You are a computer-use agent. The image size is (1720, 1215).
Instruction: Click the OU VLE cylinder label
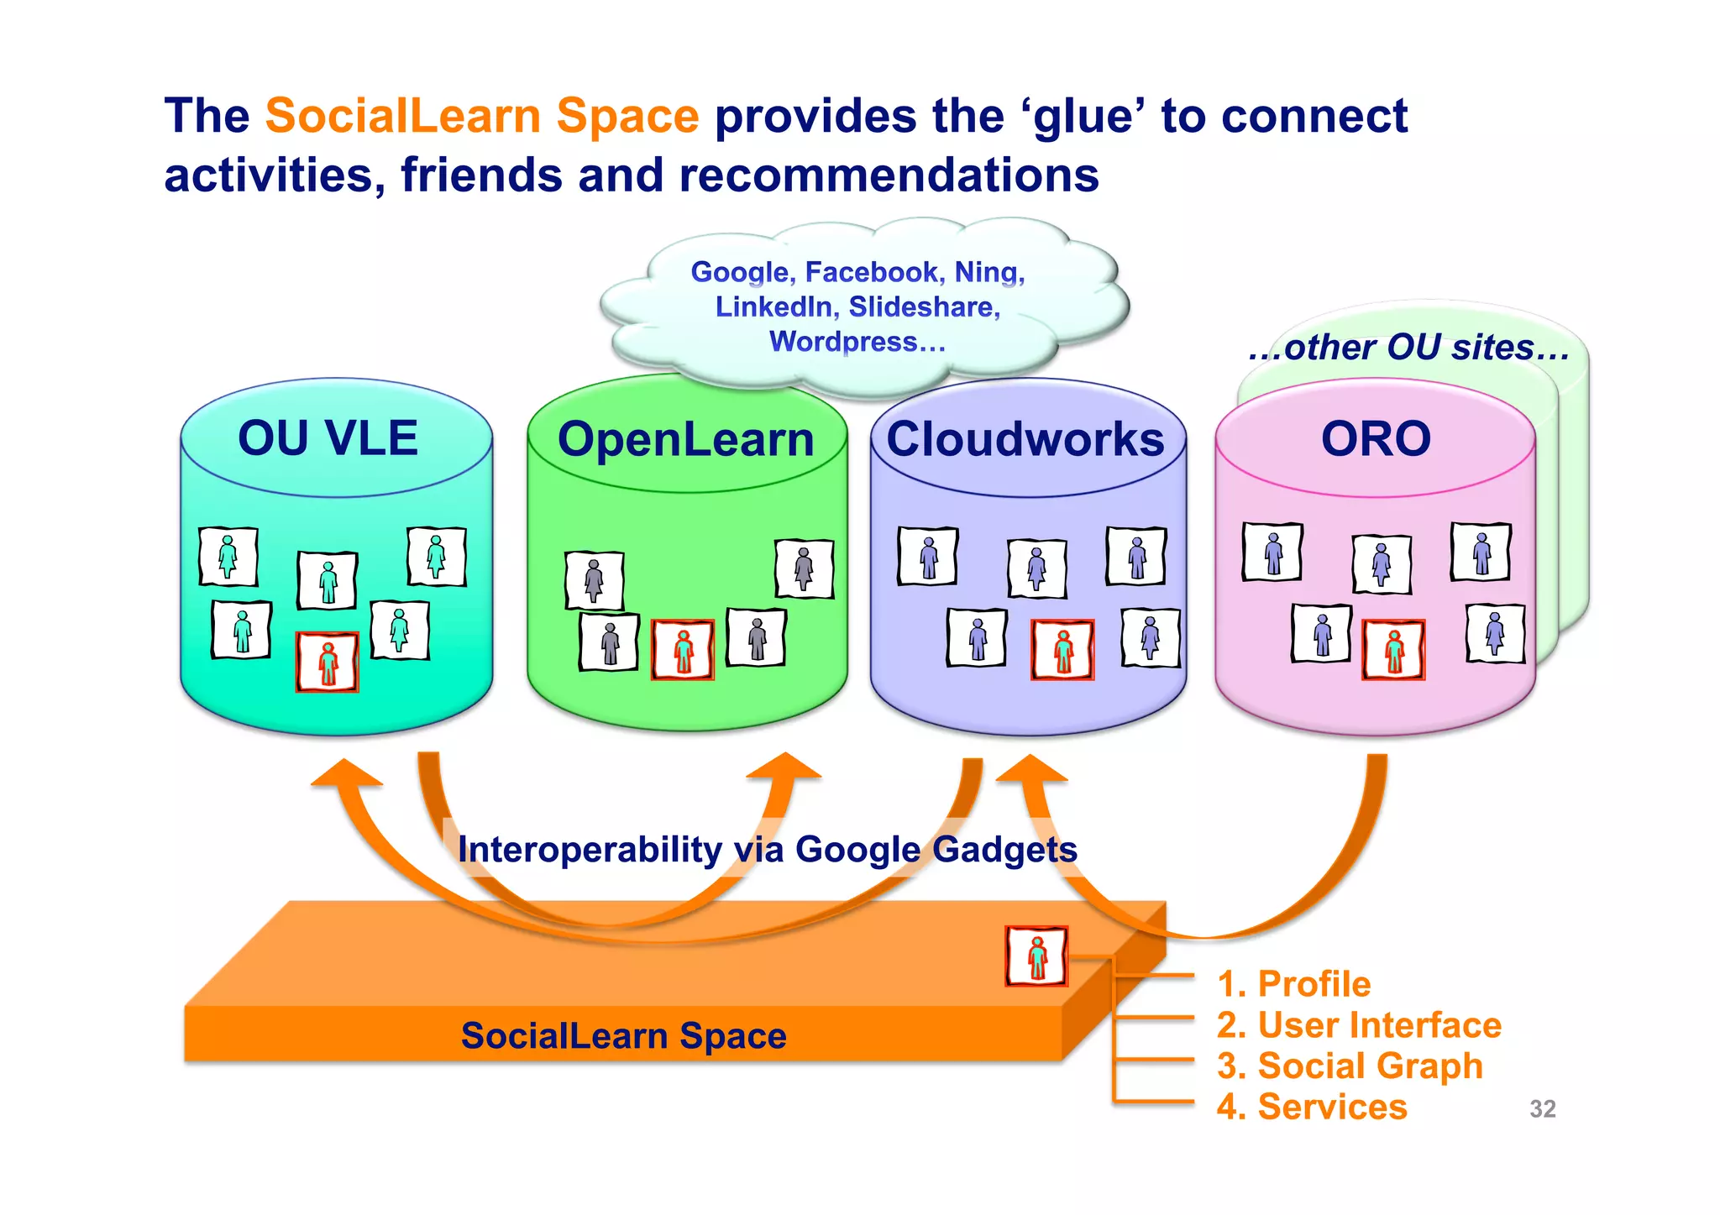328,438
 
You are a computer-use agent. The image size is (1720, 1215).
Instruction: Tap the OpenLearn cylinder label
685,440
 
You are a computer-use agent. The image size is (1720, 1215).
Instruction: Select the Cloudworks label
1025,439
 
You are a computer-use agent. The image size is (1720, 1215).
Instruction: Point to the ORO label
1376,439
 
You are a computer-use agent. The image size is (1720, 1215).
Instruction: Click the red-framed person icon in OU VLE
328,662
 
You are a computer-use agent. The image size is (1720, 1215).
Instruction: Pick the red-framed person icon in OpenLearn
683,650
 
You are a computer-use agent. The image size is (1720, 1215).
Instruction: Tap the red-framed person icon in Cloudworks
1062,650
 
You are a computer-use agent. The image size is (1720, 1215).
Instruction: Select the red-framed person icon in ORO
1393,650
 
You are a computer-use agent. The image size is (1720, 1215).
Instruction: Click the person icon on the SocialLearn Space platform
1036,956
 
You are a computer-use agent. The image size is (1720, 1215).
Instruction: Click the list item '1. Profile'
1293,983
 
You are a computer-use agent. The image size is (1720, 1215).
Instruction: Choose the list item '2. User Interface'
1358,1025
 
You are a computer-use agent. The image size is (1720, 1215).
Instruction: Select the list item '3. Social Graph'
1349,1066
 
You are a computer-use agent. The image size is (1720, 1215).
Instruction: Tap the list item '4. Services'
1311,1107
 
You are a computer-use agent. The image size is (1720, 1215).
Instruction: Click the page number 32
1542,1109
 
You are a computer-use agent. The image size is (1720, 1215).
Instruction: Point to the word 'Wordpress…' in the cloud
857,342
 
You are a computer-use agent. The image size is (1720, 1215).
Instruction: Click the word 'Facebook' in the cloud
871,272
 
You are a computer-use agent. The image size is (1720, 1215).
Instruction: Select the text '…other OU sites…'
1408,348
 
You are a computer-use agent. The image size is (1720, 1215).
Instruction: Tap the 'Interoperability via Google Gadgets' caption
767,849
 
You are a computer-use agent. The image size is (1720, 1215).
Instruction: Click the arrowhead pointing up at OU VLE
345,772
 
